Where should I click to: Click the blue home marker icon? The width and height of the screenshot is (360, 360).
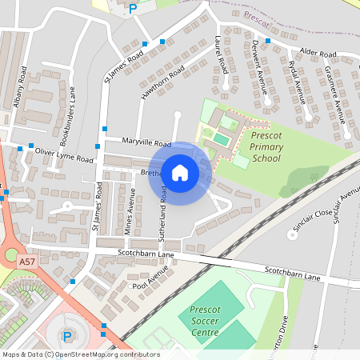(180, 173)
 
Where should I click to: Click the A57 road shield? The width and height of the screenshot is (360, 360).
(27, 262)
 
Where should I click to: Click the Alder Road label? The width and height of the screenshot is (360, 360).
(318, 53)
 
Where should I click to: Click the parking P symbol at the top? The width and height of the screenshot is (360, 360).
(133, 9)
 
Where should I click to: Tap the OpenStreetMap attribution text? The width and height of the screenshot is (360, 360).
(81, 354)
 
